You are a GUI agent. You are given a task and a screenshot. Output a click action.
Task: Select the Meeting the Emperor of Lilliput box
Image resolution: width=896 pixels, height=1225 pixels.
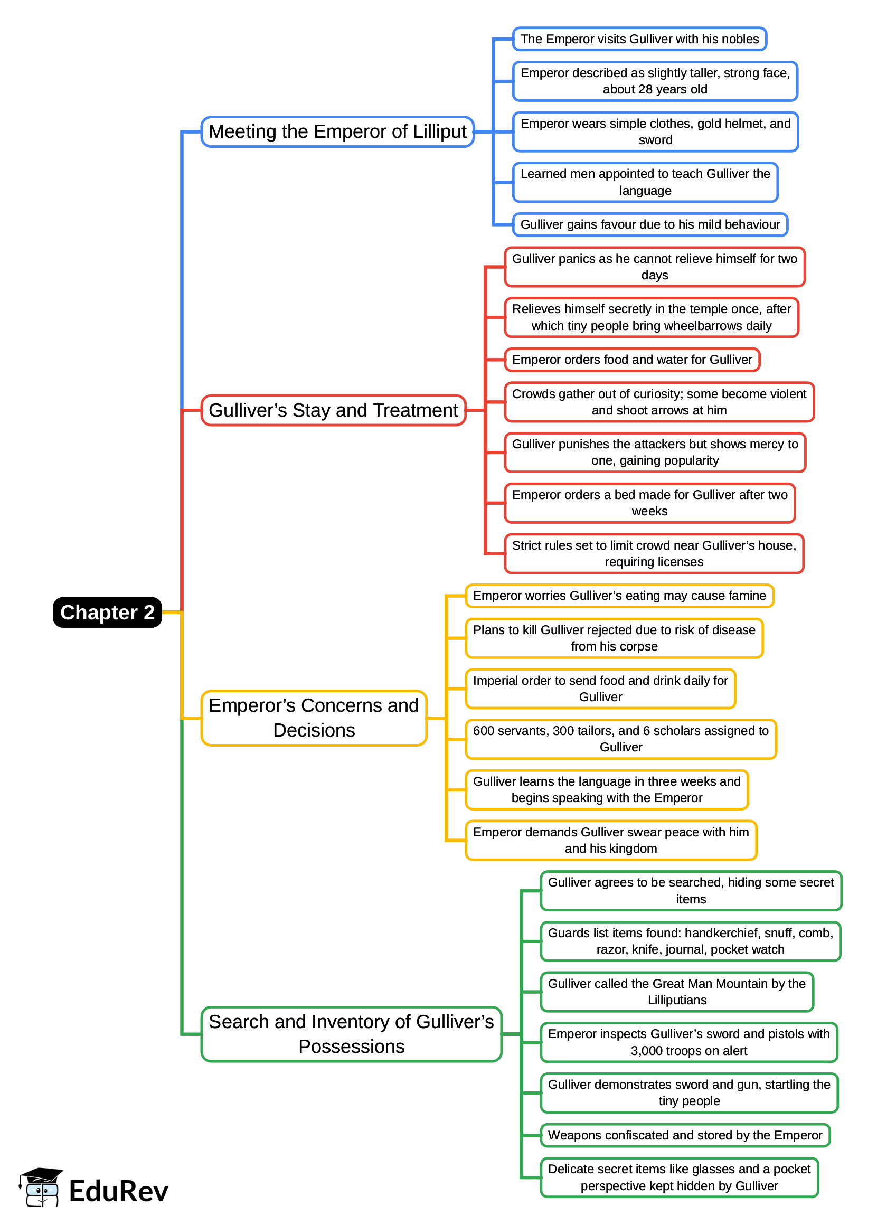pos(337,132)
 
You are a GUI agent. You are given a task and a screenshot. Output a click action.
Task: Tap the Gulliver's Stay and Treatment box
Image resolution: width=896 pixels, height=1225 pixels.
pos(334,410)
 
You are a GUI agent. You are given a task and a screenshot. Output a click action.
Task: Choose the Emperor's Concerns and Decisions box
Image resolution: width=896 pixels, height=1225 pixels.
pos(314,718)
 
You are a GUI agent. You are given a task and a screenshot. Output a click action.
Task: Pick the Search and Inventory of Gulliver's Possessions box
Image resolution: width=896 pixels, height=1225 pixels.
pos(352,1034)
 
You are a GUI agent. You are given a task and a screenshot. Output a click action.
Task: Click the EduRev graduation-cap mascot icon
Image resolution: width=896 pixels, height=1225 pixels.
pos(41,1188)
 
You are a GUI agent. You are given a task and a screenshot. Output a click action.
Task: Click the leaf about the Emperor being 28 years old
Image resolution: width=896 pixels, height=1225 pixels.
pos(655,81)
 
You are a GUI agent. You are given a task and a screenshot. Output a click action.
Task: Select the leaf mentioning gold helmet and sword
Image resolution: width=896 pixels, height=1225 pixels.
pos(655,132)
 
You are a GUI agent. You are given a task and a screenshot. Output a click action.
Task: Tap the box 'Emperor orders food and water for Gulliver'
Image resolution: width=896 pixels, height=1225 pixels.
pos(632,360)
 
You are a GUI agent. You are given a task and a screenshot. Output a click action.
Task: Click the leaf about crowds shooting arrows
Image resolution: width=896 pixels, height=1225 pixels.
pos(659,402)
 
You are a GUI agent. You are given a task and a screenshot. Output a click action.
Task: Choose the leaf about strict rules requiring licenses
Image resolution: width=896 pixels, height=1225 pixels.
pos(654,554)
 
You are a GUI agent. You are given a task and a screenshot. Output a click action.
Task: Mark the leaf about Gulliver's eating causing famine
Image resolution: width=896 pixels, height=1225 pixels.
pos(619,596)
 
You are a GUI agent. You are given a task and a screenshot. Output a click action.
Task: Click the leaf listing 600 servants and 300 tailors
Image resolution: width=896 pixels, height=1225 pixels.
pos(621,739)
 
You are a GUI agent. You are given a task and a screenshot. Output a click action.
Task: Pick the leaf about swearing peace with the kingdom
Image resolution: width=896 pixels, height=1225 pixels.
pos(611,841)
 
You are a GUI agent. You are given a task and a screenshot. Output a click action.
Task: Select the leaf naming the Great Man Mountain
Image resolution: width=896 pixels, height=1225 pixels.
pos(677,992)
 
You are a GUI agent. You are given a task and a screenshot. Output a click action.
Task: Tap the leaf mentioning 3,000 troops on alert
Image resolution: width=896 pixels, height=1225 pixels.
pos(689,1042)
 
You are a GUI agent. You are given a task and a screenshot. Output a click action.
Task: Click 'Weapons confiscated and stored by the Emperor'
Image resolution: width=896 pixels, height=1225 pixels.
pos(685,1136)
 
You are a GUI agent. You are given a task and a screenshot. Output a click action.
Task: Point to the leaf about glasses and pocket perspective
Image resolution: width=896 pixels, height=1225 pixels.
pos(679,1177)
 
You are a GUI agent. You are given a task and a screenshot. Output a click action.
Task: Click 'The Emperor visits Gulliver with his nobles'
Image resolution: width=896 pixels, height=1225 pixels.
pos(639,39)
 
